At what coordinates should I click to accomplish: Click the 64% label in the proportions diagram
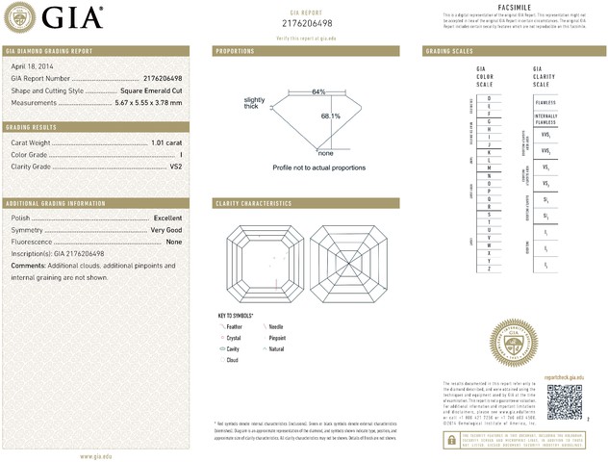317,91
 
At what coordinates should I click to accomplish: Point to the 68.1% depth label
330,115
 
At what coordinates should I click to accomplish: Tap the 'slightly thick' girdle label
254,103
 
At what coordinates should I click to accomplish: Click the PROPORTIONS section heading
235,50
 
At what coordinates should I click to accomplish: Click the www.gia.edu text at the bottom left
95,455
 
